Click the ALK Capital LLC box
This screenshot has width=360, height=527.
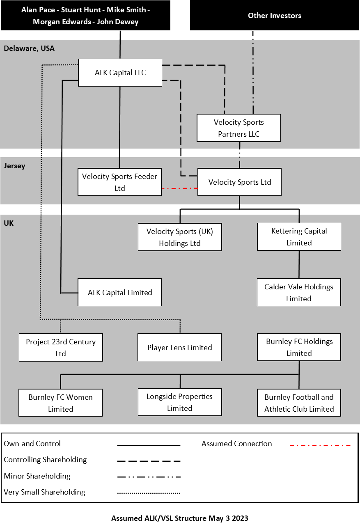tap(120, 73)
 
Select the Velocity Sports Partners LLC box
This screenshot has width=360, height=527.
tap(238, 128)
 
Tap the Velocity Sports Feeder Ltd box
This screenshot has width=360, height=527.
tap(119, 182)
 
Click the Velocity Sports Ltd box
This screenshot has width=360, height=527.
tap(239, 182)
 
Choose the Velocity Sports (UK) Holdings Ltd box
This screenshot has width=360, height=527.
tap(180, 237)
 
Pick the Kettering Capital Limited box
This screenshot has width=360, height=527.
tap(299, 236)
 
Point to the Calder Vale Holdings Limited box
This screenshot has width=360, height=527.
tap(299, 292)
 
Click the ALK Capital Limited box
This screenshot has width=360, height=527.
tap(119, 292)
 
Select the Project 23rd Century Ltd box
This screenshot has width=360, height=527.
tap(61, 347)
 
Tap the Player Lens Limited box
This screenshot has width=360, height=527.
tap(179, 347)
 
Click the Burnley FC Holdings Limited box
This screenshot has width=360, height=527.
tap(299, 347)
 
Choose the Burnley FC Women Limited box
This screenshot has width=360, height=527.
tap(60, 403)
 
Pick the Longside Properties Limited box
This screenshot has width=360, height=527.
tap(179, 402)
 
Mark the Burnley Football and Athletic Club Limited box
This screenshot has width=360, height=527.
tap(299, 403)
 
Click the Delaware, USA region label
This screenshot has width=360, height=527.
tap(29, 48)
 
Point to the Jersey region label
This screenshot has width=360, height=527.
tap(14, 166)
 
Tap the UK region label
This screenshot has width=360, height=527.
tap(9, 224)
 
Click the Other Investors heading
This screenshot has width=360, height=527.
tap(275, 16)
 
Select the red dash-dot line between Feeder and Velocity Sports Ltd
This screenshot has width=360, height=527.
tap(179, 188)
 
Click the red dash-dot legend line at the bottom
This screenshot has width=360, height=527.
tap(320, 445)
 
